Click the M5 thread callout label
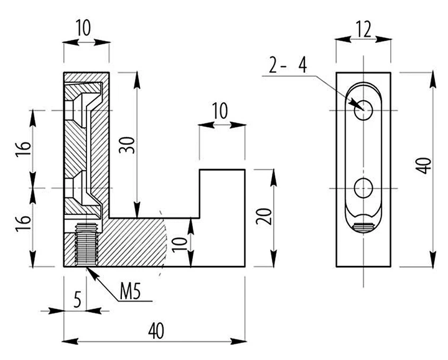click(130, 292)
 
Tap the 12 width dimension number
click(364, 29)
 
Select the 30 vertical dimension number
click(127, 145)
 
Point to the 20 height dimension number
click(263, 217)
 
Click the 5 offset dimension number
click(77, 300)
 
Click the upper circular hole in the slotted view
click(363, 110)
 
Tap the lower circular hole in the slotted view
click(363, 188)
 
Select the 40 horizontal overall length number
click(156, 331)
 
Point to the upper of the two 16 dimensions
click(23, 148)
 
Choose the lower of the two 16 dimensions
click(23, 224)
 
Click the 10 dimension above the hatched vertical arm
click(83, 28)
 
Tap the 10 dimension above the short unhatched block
click(220, 111)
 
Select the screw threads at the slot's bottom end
click(363, 227)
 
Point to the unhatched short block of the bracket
click(222, 218)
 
